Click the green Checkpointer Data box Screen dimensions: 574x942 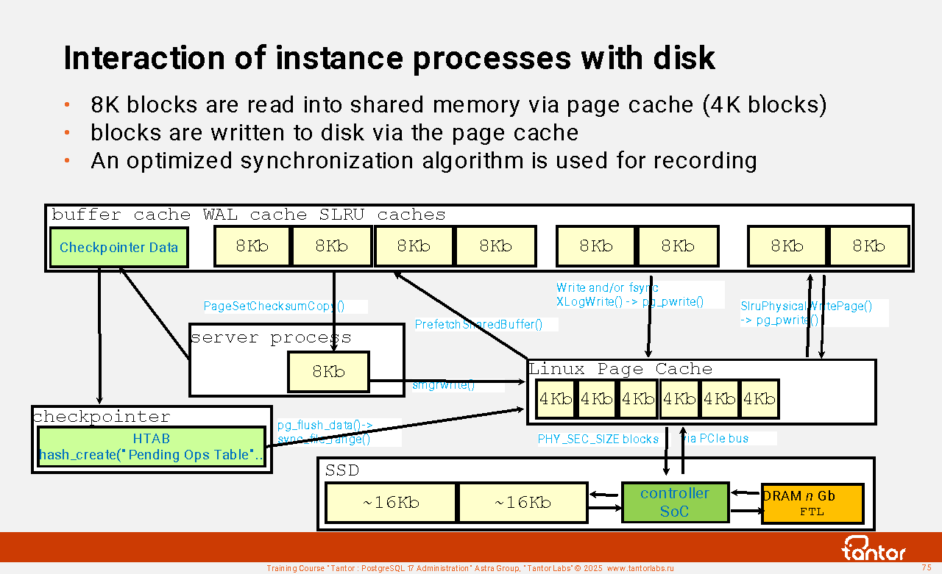(x=118, y=247)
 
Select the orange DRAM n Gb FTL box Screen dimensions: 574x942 (x=811, y=503)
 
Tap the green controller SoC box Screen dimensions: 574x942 (x=674, y=503)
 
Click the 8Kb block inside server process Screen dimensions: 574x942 (x=328, y=372)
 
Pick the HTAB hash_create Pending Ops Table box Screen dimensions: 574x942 (x=151, y=447)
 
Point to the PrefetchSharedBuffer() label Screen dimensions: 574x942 (x=478, y=324)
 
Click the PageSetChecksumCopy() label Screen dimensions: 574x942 (x=274, y=306)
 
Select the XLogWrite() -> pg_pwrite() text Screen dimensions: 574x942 (x=629, y=301)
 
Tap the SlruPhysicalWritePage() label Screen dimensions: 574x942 (x=806, y=306)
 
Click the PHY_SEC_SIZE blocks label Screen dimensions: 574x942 (x=598, y=440)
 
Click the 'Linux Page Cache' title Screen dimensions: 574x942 (x=620, y=369)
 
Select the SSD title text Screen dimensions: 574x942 (x=342, y=470)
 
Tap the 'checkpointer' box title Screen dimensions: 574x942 (x=102, y=417)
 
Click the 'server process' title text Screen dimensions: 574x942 (x=271, y=338)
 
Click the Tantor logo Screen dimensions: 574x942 (x=874, y=548)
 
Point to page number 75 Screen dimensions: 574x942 (x=927, y=567)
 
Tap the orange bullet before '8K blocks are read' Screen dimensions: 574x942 (x=66, y=105)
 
